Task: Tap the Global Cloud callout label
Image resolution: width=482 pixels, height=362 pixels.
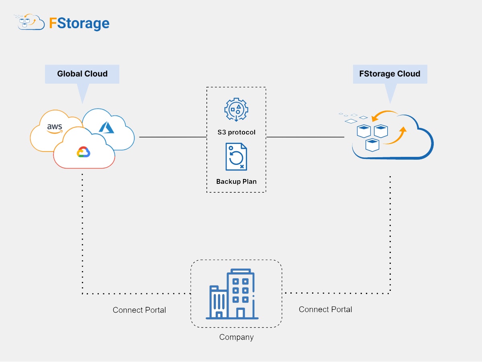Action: pyautogui.click(x=82, y=74)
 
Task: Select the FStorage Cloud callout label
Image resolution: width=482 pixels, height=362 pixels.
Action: pyautogui.click(x=390, y=74)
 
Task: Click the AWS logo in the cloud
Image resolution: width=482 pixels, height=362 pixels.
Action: pyautogui.click(x=55, y=128)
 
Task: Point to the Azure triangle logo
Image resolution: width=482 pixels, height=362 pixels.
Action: pyautogui.click(x=106, y=127)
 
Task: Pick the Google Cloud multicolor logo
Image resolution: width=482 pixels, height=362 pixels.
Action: pyautogui.click(x=84, y=152)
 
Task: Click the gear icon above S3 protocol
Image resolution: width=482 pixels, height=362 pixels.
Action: pyautogui.click(x=236, y=109)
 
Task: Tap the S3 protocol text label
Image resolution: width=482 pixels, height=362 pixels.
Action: pyautogui.click(x=236, y=132)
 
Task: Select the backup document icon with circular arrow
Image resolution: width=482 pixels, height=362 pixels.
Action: pyautogui.click(x=236, y=157)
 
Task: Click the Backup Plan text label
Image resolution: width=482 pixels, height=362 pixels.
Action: pyautogui.click(x=236, y=181)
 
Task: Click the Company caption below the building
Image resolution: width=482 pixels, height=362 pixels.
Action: pyautogui.click(x=236, y=337)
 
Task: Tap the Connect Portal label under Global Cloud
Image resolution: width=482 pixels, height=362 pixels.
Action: pyautogui.click(x=139, y=310)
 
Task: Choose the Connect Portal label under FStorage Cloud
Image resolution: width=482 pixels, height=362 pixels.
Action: pyautogui.click(x=325, y=309)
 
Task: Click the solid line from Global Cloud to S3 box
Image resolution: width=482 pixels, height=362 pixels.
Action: pyautogui.click(x=173, y=137)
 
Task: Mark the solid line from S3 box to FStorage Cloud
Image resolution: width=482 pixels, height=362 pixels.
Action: pyautogui.click(x=305, y=137)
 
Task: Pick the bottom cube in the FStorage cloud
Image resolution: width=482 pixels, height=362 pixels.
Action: pyautogui.click(x=373, y=145)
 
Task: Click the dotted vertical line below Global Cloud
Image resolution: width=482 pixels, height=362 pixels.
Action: pyautogui.click(x=82, y=233)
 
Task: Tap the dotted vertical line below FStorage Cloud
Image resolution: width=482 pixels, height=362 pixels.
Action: pyautogui.click(x=390, y=233)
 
